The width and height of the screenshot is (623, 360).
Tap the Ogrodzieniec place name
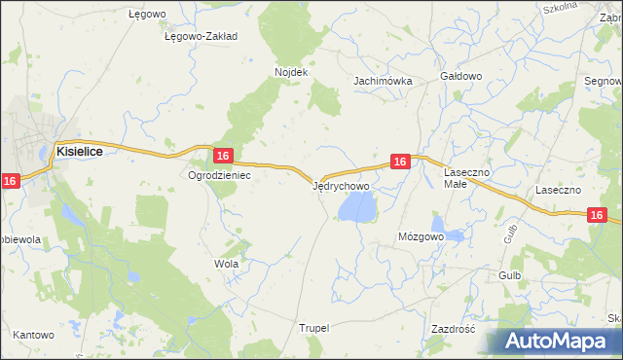pyautogui.click(x=220, y=176)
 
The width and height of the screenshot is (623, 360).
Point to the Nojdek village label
pyautogui.click(x=291, y=72)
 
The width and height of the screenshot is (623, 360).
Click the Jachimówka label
pyautogui.click(x=384, y=81)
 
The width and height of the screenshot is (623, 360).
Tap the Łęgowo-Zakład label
pyautogui.click(x=202, y=36)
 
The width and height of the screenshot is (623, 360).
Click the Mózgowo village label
pyautogui.click(x=421, y=236)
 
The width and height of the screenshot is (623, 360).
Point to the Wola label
pyautogui.click(x=226, y=264)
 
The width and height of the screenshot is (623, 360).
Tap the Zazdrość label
pyautogui.click(x=452, y=329)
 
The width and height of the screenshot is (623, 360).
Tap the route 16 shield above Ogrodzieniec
pyautogui.click(x=223, y=156)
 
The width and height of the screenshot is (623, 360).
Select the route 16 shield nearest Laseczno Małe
pyautogui.click(x=399, y=162)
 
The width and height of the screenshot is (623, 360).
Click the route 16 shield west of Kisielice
pyautogui.click(x=10, y=181)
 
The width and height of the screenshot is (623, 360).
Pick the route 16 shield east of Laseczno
pyautogui.click(x=598, y=215)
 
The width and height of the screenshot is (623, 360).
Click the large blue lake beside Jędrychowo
pyautogui.click(x=356, y=206)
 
